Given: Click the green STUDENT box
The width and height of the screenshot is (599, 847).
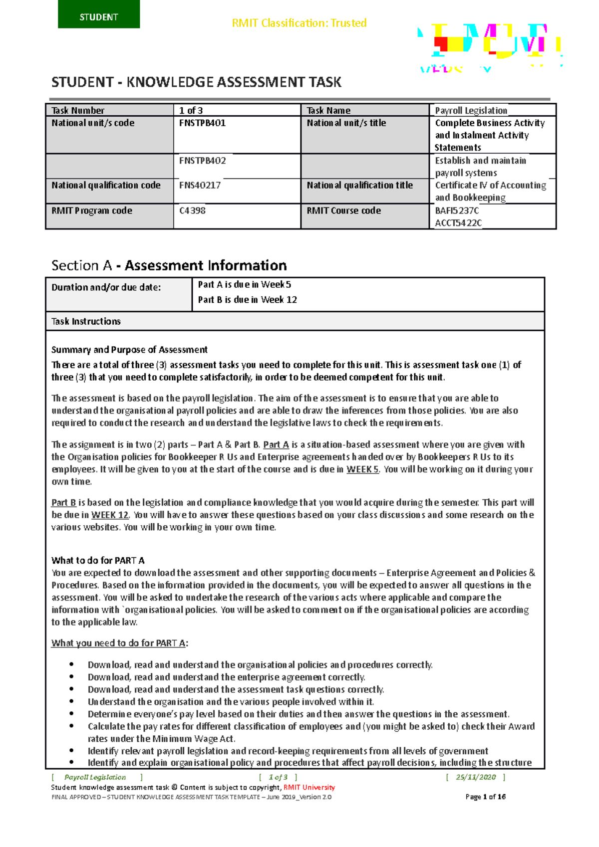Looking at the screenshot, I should click(99, 14).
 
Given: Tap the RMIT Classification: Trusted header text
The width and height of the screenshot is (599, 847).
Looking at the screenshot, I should click(299, 23).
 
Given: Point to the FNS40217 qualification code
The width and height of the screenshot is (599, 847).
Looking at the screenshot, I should click(200, 185).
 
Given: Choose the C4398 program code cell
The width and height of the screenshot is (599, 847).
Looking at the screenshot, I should click(192, 211).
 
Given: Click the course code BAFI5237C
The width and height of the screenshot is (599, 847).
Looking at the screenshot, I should click(457, 211).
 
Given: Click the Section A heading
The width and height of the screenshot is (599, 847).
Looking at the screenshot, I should click(169, 265).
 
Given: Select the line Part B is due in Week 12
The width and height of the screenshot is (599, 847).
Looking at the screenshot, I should click(247, 300).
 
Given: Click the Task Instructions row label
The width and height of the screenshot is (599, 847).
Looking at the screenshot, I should click(86, 321).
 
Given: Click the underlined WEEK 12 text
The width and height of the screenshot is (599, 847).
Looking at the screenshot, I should click(110, 515).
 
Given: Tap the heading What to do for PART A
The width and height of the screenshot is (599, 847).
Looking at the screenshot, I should click(98, 561).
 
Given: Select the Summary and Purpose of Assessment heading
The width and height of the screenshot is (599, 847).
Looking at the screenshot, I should click(129, 350).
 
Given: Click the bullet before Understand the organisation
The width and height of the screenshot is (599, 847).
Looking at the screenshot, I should click(72, 702).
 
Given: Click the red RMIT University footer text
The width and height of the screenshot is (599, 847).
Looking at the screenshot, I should click(309, 788).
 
